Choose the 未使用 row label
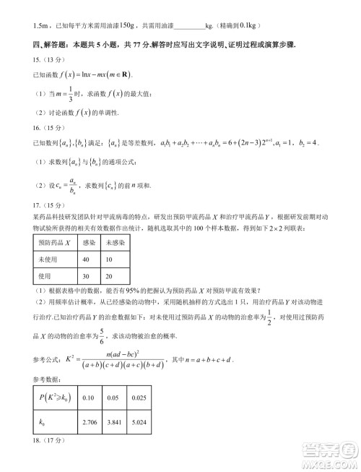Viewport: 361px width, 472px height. point(48,259)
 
